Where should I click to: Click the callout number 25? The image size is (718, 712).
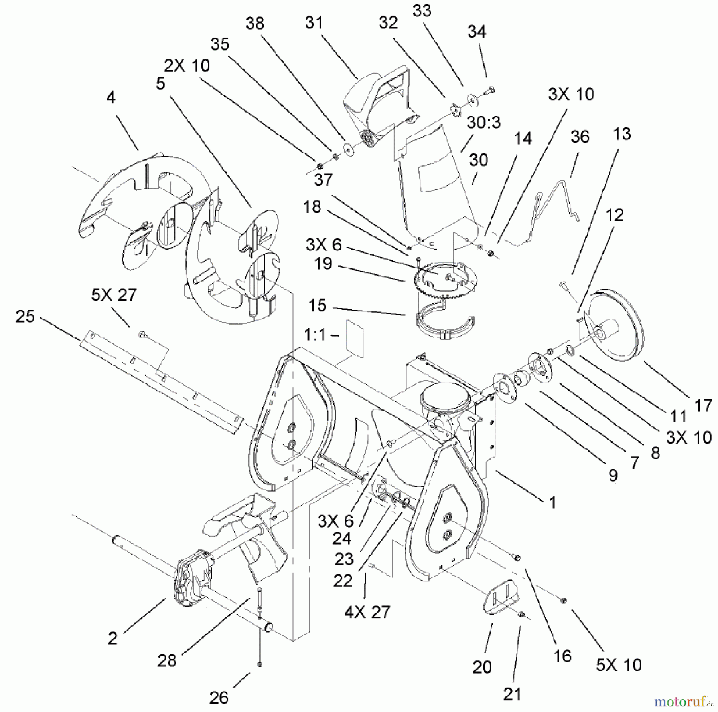(25, 317)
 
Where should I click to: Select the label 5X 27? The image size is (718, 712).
(114, 295)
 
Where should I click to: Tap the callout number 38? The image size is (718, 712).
(255, 24)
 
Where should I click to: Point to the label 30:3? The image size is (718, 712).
(484, 123)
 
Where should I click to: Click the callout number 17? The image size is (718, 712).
(703, 405)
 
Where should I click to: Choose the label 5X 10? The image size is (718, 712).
(619, 665)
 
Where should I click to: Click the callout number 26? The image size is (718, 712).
(219, 697)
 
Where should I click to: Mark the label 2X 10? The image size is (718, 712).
(187, 65)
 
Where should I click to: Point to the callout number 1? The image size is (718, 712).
(552, 502)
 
